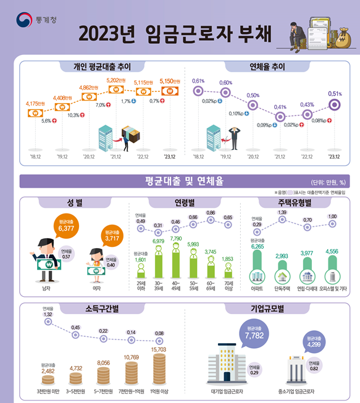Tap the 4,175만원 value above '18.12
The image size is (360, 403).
(x=35, y=104)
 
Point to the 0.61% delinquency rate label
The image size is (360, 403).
(x=198, y=81)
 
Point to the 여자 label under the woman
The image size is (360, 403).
(x=96, y=288)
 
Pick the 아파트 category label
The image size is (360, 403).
(x=257, y=288)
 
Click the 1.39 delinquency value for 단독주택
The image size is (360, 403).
(x=282, y=213)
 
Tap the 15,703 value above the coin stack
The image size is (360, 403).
(x=159, y=350)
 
